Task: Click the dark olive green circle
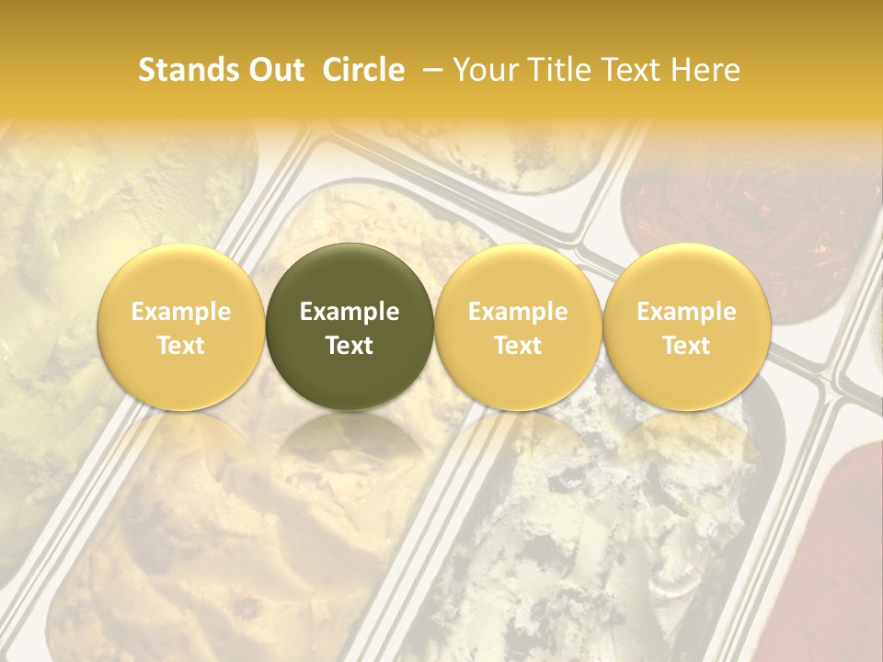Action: pyautogui.click(x=350, y=326)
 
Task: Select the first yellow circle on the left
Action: pyautogui.click(x=181, y=326)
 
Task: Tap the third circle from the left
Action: pyautogui.click(x=518, y=326)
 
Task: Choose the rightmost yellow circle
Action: pyautogui.click(x=686, y=326)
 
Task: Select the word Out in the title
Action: pyautogui.click(x=271, y=70)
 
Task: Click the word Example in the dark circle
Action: pyautogui.click(x=350, y=312)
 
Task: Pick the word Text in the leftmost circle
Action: pyautogui.click(x=181, y=345)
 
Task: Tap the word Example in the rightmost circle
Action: pyautogui.click(x=686, y=312)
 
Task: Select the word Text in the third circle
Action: pyautogui.click(x=518, y=345)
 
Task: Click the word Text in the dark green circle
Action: pyautogui.click(x=350, y=345)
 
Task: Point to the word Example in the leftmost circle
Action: pyautogui.click(x=181, y=312)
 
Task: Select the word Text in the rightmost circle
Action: pyautogui.click(x=686, y=345)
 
